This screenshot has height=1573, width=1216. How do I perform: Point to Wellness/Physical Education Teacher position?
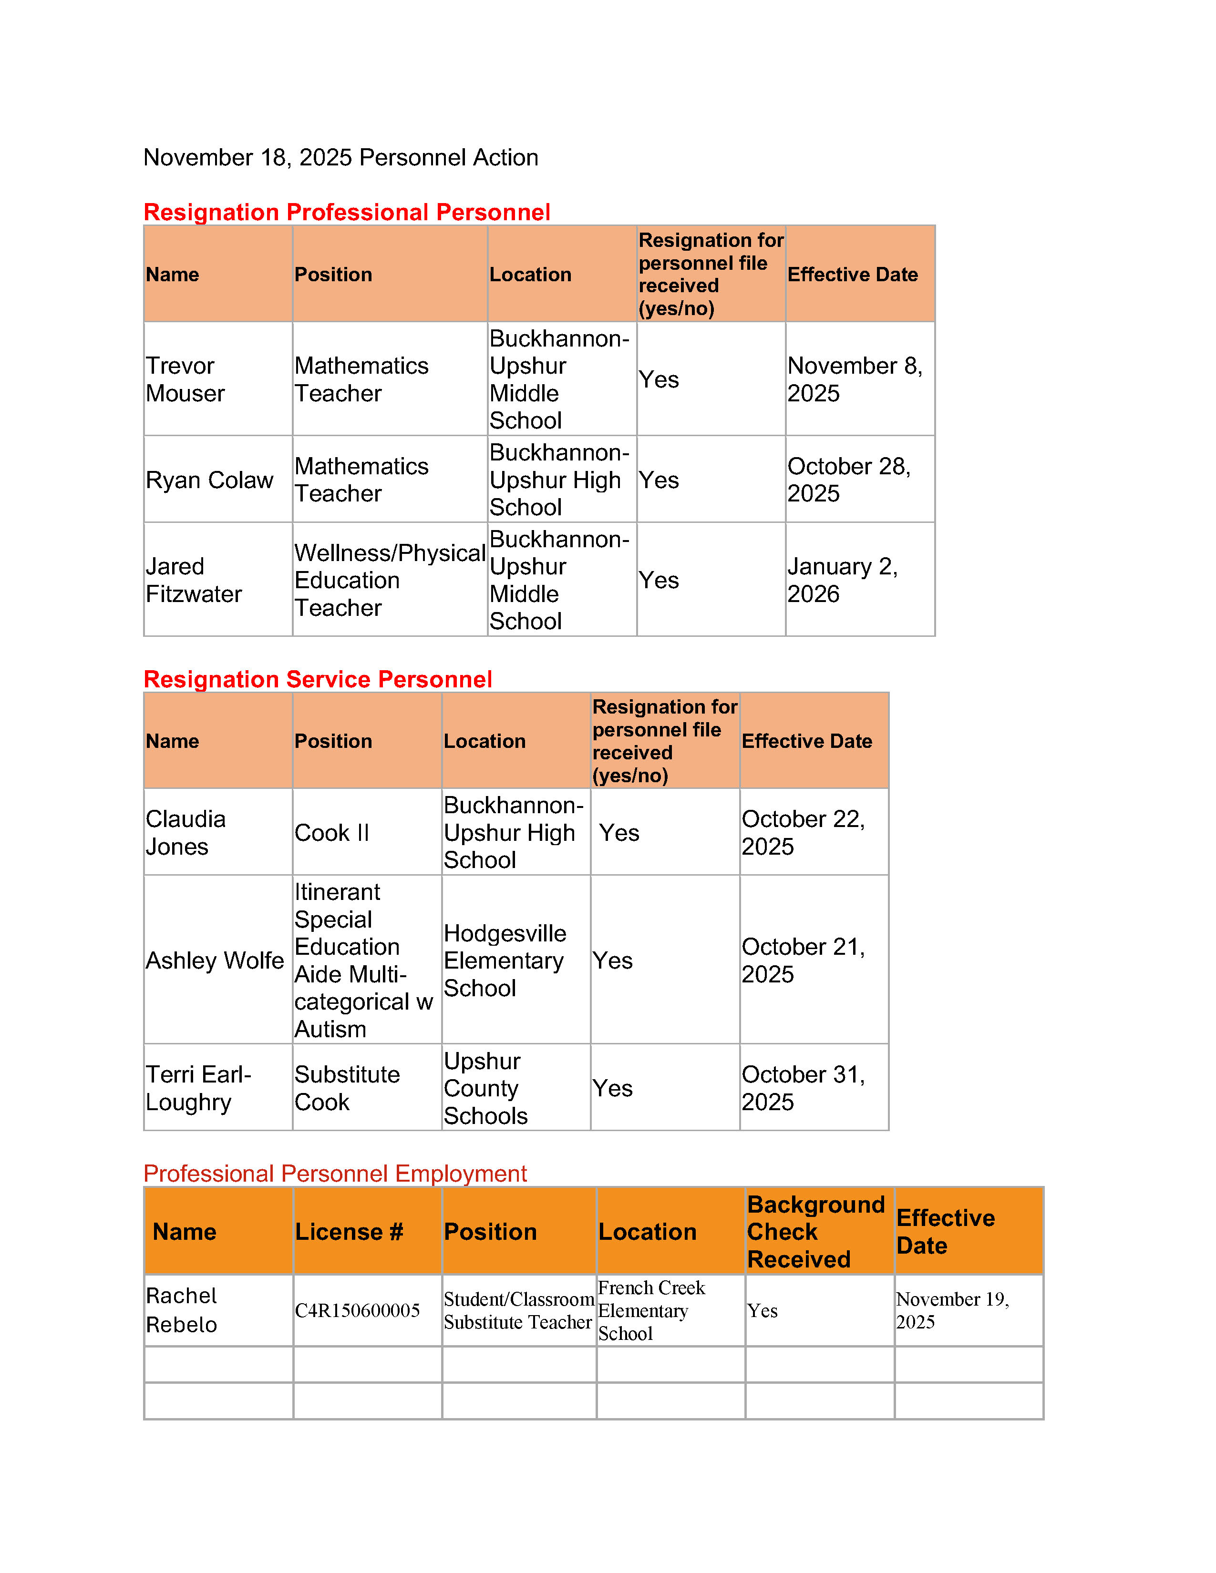(x=389, y=580)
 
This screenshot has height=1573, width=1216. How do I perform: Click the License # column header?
(x=349, y=1232)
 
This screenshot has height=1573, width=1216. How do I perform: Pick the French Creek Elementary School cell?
(x=651, y=1310)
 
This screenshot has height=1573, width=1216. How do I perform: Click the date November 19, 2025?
(x=952, y=1310)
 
